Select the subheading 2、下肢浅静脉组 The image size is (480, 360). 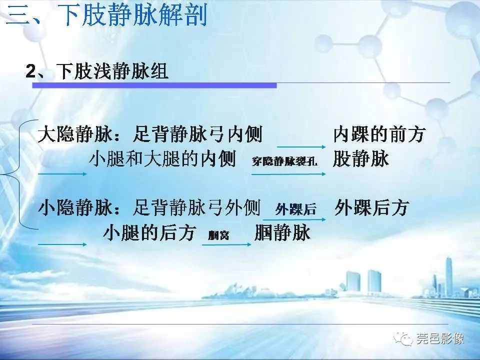click(97, 71)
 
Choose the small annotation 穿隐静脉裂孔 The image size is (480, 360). click(284, 162)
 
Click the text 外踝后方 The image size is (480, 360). click(372, 207)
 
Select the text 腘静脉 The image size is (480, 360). click(282, 233)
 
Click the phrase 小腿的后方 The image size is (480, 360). click(149, 233)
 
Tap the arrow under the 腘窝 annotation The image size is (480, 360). click(226, 244)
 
